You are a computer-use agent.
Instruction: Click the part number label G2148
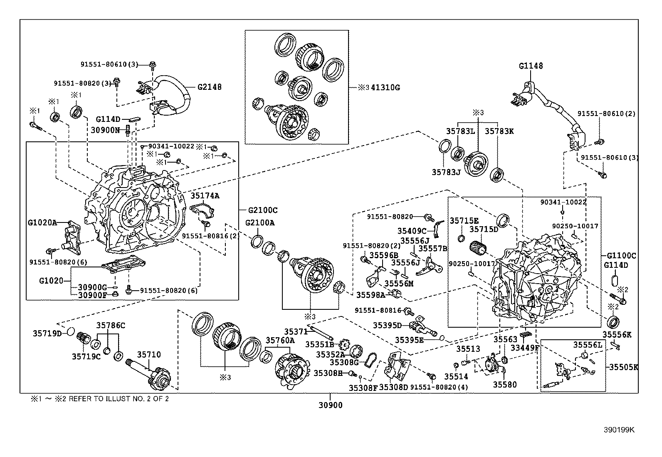pos(209,87)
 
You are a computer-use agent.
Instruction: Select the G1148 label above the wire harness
pos(531,66)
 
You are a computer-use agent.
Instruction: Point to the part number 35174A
pos(205,195)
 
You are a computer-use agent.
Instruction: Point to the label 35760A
pos(280,341)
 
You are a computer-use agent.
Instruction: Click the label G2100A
pos(259,222)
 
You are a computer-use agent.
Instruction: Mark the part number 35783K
pos(499,131)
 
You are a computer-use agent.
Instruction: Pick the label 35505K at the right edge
pos(623,367)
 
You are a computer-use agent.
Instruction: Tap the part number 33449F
pos(525,347)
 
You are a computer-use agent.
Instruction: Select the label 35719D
pos(47,333)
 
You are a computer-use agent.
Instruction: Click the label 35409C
pos(412,231)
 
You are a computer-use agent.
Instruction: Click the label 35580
pos(505,385)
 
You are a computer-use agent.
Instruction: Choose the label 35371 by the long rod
pos(296,331)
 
